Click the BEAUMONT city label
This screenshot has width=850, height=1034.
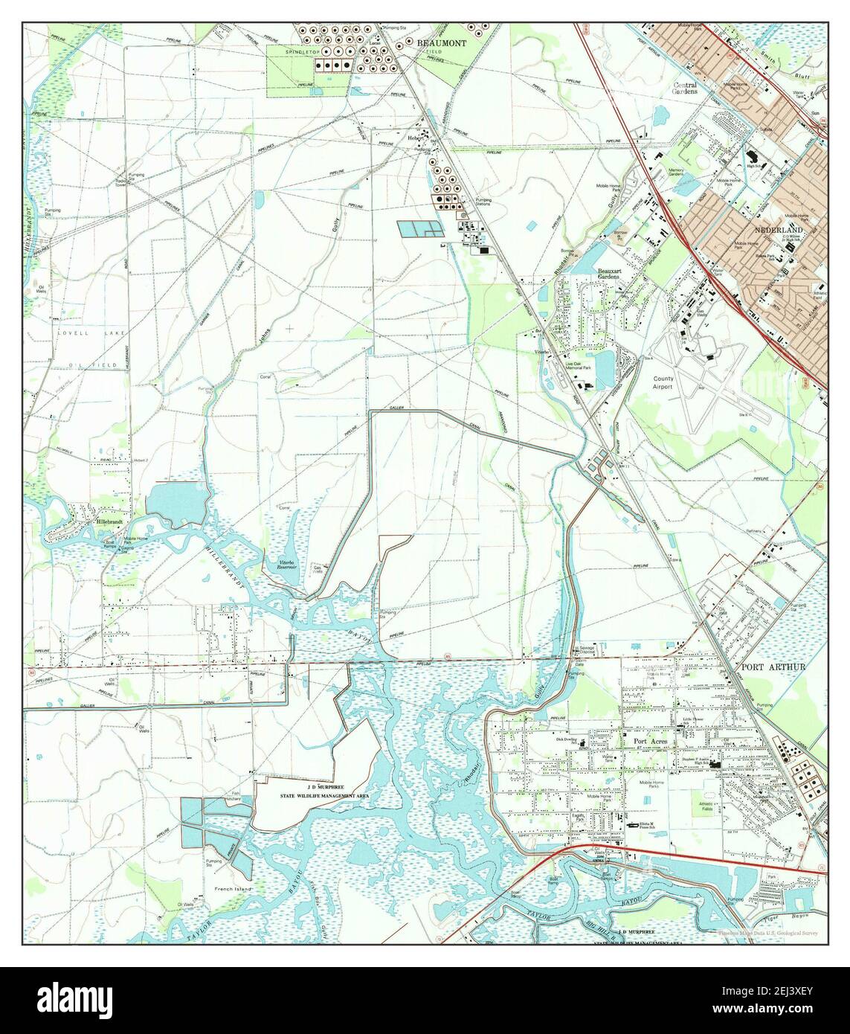(x=442, y=43)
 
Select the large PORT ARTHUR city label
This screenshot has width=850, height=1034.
(x=773, y=667)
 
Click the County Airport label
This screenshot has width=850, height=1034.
(x=663, y=382)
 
